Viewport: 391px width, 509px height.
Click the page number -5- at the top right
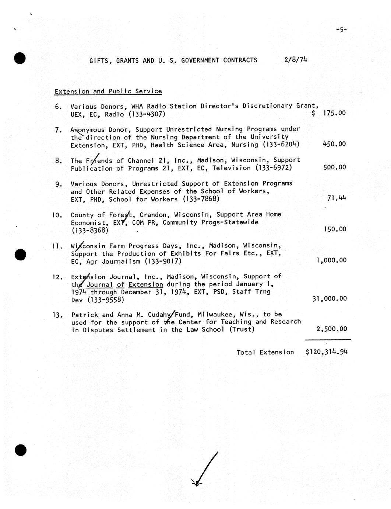click(x=341, y=30)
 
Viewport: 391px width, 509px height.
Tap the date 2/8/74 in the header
click(x=296, y=60)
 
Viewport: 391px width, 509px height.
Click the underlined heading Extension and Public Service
click(x=108, y=91)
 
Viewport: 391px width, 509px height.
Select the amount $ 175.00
click(x=328, y=113)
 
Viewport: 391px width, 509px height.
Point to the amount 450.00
click(x=334, y=144)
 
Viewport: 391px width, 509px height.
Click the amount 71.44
click(x=337, y=198)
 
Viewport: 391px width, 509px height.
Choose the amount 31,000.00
click(x=329, y=298)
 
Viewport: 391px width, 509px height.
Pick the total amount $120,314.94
click(x=326, y=352)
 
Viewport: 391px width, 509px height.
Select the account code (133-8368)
click(x=90, y=230)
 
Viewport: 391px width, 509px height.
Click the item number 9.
click(x=59, y=184)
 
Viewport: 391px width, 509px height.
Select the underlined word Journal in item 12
click(x=99, y=284)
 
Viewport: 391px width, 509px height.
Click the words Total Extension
click(x=265, y=352)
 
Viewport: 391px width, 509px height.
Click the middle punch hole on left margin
click(x=20, y=254)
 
